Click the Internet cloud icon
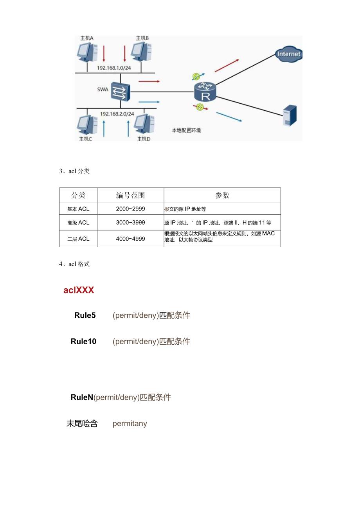click(x=288, y=54)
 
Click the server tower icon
click(x=290, y=116)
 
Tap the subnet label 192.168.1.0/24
click(x=114, y=68)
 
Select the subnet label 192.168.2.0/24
click(x=117, y=114)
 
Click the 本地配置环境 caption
click(x=186, y=130)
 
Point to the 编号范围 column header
click(x=130, y=195)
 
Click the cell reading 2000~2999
click(x=130, y=209)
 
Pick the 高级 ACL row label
click(x=78, y=223)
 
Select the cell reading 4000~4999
click(x=130, y=239)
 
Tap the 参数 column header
click(x=222, y=195)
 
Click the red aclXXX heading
click(x=79, y=290)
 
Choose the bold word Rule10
click(x=83, y=341)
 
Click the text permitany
click(x=130, y=423)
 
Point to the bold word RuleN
click(x=82, y=397)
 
